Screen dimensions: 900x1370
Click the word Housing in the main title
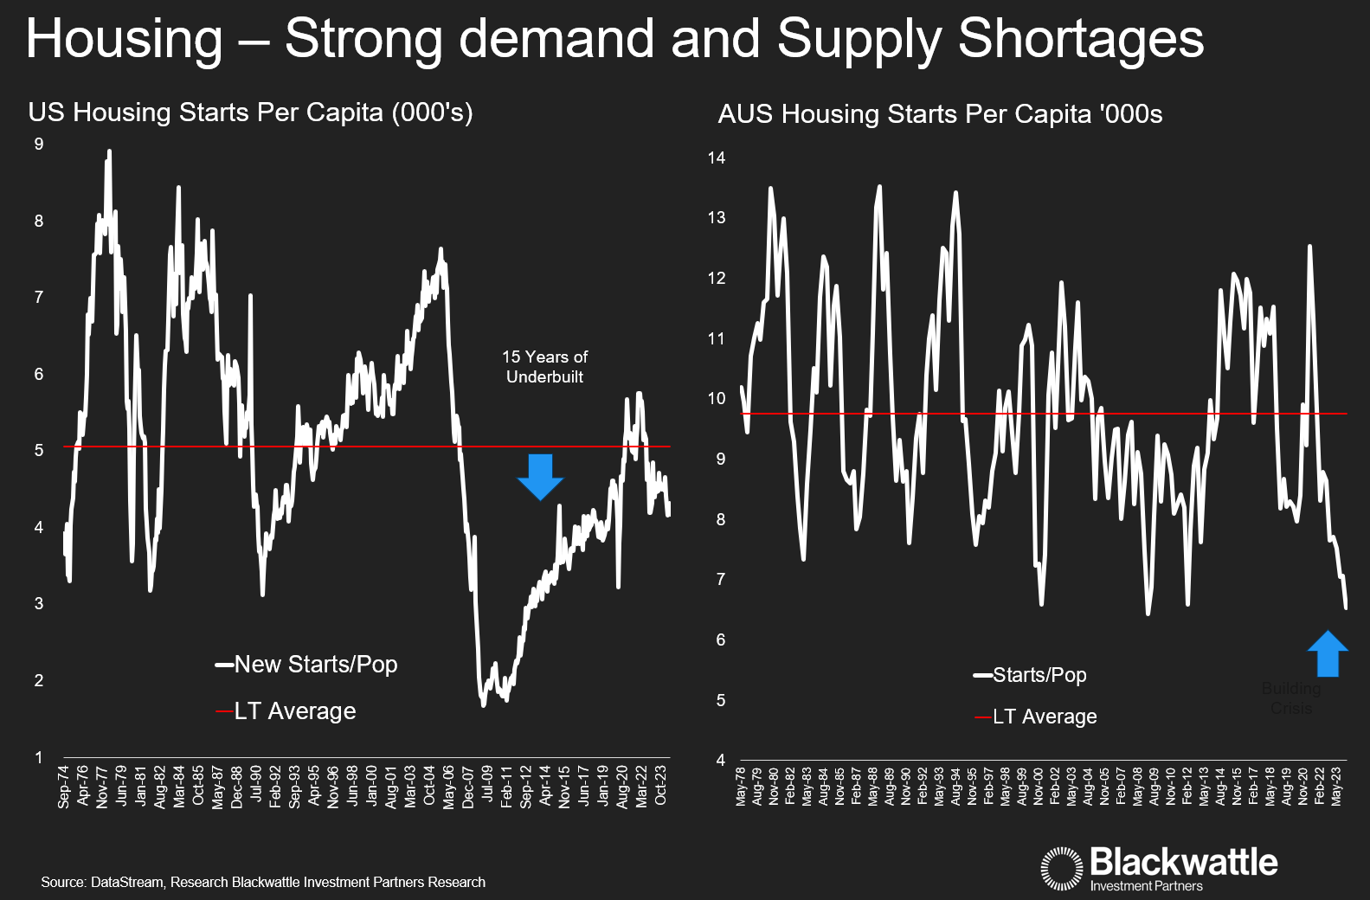click(x=125, y=40)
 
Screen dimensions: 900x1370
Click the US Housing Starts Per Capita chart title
click(x=250, y=112)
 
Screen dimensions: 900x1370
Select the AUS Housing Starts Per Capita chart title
click(x=940, y=114)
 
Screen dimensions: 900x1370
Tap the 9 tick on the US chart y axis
click(x=39, y=145)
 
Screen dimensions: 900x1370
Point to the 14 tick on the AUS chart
click(x=716, y=157)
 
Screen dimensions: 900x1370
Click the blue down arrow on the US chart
click(x=540, y=476)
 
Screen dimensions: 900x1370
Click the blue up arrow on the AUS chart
click(x=1327, y=653)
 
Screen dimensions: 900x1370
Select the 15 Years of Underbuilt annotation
click(x=544, y=367)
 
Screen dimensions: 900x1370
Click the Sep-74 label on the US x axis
click(x=64, y=787)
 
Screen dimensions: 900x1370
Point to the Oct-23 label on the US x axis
click(x=661, y=785)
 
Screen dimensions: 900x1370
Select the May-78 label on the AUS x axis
click(x=741, y=786)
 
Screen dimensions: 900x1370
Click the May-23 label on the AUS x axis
click(x=1336, y=785)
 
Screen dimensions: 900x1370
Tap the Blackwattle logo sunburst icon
click(x=1061, y=868)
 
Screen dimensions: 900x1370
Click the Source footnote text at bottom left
click(x=263, y=883)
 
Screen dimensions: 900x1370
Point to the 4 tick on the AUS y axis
click(x=720, y=760)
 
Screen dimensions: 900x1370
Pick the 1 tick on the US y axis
click(x=39, y=757)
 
